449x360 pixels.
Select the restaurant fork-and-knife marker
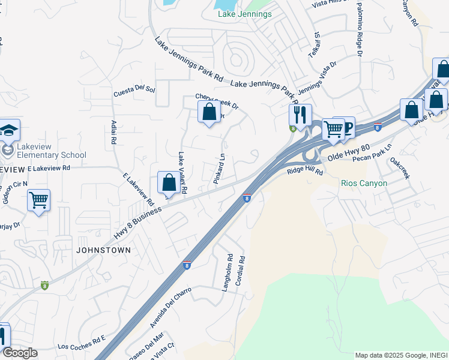pyautogui.click(x=300, y=114)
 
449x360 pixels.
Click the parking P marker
pyautogui.click(x=345, y=127)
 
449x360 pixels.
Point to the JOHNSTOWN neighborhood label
pyautogui.click(x=103, y=249)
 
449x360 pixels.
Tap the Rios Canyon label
pyautogui.click(x=363, y=183)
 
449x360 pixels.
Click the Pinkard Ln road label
pyautogui.click(x=220, y=170)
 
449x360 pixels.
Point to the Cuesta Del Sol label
pyautogui.click(x=134, y=92)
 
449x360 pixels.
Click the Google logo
pyautogui.click(x=20, y=353)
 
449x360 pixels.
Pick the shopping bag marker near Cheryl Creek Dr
pyautogui.click(x=209, y=112)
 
